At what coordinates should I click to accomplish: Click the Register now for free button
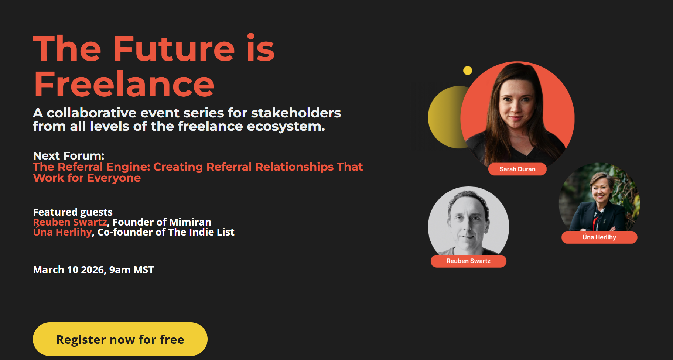[120, 339]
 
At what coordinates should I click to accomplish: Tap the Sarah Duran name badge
[517, 169]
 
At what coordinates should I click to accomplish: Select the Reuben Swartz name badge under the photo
[468, 261]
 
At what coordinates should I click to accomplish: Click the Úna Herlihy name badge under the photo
[599, 237]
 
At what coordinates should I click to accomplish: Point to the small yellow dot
[468, 71]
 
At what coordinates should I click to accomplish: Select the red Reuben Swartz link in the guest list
[70, 222]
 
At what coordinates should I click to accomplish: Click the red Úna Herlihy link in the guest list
[62, 232]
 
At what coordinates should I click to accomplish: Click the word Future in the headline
[174, 49]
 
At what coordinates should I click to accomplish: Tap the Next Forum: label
[69, 155]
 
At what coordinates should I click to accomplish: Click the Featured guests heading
[73, 212]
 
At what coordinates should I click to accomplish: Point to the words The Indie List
[201, 232]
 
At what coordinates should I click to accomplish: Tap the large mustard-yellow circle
[445, 117]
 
